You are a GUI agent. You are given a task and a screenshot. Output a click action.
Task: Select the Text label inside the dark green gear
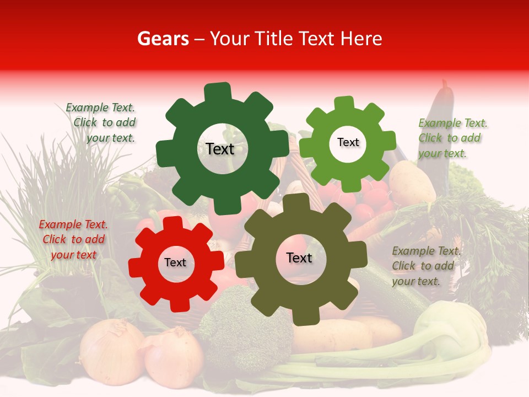220,149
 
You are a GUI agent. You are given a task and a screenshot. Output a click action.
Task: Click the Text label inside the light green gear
348,142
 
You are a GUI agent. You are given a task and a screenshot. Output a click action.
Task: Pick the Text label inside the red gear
175,262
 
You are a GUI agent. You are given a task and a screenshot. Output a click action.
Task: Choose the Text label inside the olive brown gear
299,257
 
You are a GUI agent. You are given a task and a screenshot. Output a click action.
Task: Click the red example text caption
73,239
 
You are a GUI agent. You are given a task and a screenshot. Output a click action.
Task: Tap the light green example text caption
452,138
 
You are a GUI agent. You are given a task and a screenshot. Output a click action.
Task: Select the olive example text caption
425,266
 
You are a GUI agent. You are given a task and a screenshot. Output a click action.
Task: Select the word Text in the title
317,39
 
